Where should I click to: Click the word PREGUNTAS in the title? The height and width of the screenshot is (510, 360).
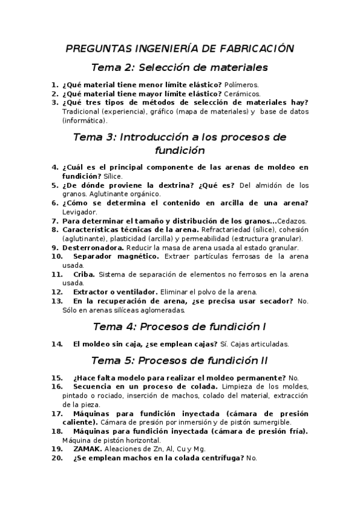[93, 49]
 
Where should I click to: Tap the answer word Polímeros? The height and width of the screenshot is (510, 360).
[240, 85]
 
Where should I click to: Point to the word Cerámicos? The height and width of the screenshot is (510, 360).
[242, 94]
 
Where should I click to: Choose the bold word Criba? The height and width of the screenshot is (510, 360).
[84, 274]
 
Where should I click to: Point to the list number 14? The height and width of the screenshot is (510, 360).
[58, 345]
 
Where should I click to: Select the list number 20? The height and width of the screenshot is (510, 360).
[58, 458]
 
